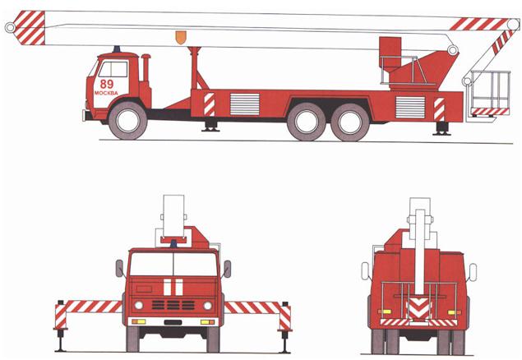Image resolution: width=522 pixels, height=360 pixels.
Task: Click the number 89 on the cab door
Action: click(x=107, y=84)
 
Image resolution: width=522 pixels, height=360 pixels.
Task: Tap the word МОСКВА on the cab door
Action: click(x=106, y=93)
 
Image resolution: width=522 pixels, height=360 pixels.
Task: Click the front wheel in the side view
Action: click(x=127, y=121)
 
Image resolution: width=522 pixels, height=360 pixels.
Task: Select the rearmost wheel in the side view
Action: click(x=349, y=122)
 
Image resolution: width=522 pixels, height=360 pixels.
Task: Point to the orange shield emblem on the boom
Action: click(x=181, y=37)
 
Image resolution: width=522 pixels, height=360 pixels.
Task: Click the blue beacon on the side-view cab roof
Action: click(x=117, y=49)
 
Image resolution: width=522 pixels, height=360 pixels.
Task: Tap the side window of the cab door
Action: click(x=113, y=69)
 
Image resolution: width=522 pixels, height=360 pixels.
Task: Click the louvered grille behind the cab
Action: click(x=245, y=104)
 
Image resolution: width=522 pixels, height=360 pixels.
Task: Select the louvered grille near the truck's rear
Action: click(x=410, y=107)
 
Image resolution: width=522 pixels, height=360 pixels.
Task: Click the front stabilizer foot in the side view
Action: click(x=210, y=126)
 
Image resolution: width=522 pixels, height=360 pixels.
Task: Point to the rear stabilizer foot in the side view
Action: click(x=441, y=128)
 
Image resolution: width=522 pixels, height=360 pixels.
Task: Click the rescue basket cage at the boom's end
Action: click(x=490, y=93)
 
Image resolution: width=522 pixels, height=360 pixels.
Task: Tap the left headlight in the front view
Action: click(x=138, y=305)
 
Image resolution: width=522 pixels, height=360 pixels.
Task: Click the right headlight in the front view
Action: click(x=207, y=306)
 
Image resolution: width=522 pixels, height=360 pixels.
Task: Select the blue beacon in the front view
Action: click(x=173, y=243)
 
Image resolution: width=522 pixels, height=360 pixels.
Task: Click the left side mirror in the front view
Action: click(x=119, y=268)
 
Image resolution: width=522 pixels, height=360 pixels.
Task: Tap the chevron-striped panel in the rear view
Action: click(x=418, y=308)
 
